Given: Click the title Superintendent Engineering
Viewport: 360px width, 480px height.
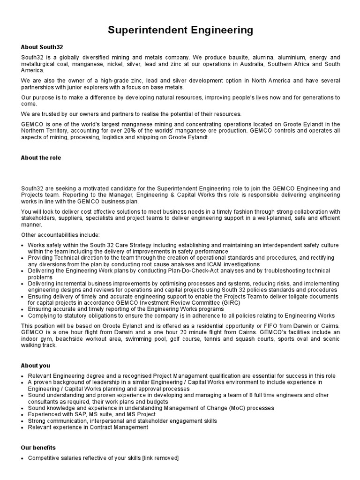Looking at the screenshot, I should pos(180,30).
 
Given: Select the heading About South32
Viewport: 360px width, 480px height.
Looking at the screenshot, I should pos(42,47).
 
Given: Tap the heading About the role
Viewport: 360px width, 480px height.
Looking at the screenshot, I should pos(41,157).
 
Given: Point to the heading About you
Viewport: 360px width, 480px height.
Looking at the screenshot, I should pos(35,366).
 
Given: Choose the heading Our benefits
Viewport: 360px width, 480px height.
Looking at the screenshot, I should pos(38,448).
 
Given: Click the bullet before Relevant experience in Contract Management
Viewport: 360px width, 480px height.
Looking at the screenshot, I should pos(23,427).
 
